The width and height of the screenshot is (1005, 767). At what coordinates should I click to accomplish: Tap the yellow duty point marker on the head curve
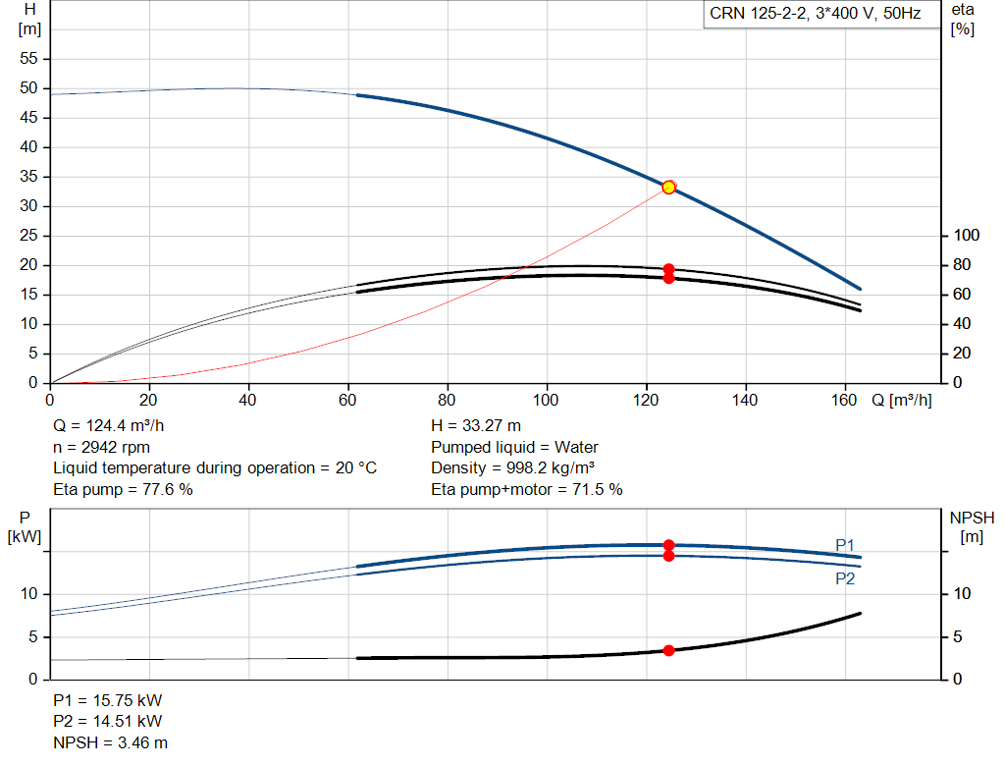point(668,188)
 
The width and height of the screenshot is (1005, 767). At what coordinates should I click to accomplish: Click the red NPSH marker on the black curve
point(668,650)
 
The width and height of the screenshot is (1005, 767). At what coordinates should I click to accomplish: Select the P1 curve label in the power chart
point(845,545)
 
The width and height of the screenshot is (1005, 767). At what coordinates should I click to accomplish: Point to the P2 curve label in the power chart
point(845,579)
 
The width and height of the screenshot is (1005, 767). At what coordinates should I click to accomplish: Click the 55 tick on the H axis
point(28,58)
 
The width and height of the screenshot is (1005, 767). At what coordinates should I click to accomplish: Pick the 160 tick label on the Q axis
point(844,400)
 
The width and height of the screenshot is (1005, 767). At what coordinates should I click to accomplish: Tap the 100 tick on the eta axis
point(966,236)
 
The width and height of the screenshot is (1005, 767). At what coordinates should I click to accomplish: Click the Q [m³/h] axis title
point(901,400)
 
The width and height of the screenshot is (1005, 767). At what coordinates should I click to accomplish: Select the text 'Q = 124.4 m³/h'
point(108,426)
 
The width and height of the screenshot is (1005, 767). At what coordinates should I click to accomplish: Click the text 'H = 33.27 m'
point(476,426)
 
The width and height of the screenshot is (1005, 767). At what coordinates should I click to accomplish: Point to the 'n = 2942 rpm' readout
point(101,447)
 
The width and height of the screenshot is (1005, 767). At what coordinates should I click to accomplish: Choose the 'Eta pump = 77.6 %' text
point(123,489)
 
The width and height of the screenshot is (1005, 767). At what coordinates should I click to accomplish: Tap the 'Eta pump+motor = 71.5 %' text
point(527,489)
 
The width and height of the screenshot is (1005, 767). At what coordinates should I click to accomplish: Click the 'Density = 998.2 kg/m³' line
point(512,468)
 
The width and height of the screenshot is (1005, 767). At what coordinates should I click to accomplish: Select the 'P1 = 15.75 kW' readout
point(108,700)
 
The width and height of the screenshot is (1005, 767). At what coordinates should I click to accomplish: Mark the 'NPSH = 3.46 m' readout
point(110,742)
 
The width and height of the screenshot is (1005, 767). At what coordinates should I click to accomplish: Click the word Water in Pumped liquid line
point(576,447)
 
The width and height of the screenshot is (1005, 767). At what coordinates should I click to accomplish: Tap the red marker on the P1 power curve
point(668,545)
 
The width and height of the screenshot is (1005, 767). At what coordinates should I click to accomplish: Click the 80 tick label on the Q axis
point(447,400)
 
